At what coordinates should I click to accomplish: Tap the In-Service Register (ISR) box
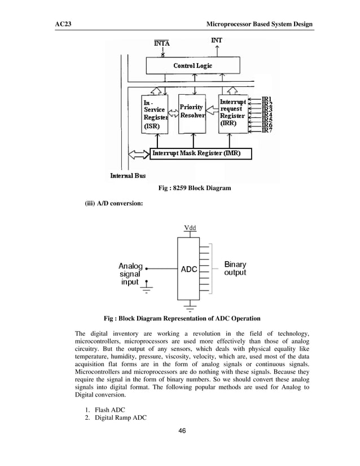point(155,115)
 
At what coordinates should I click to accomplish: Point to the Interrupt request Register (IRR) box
point(232,113)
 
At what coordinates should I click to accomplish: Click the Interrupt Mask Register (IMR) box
point(200,153)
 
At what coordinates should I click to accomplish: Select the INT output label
point(216,41)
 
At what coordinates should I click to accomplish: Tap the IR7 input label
point(267,131)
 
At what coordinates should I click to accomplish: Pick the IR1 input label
point(267,98)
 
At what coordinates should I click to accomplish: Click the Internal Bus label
point(128,175)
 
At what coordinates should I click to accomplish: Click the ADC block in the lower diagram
point(188,269)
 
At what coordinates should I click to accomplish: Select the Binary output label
point(235,269)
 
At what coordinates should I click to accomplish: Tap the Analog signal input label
point(130,274)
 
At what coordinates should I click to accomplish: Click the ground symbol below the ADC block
point(189,309)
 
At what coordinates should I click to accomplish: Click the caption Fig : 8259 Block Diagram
point(196,187)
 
